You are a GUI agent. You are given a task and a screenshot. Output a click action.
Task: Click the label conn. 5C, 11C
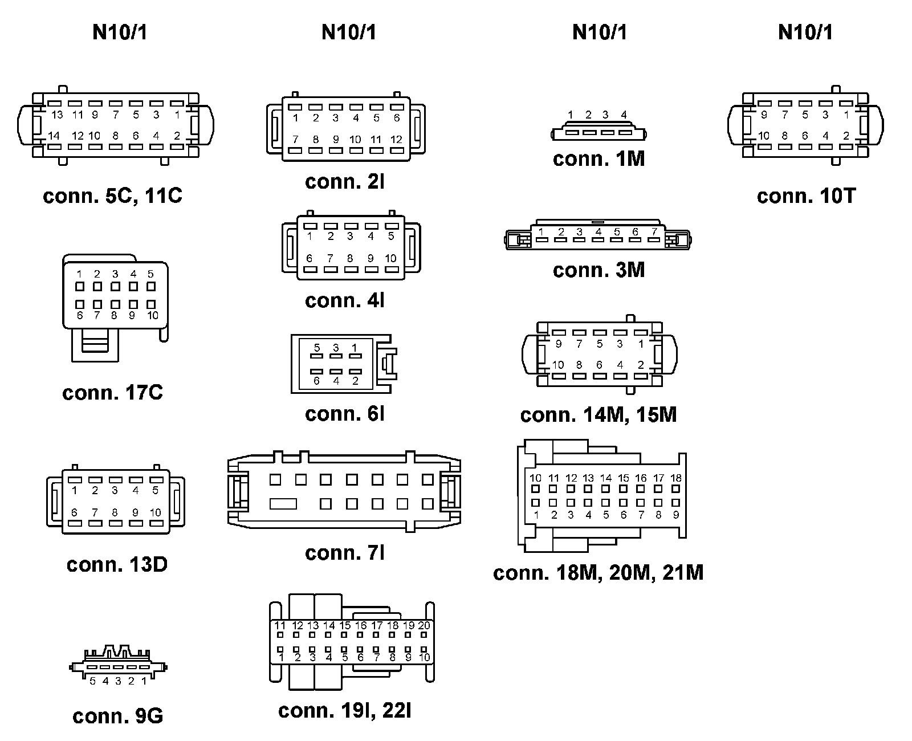(112, 196)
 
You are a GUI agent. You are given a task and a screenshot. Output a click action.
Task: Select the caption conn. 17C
(112, 393)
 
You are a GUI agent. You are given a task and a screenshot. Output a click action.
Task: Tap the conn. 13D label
(117, 564)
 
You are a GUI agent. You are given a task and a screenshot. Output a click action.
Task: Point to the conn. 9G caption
(118, 716)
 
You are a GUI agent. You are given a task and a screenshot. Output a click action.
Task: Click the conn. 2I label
(345, 182)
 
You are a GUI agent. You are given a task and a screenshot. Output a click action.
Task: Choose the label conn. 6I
(345, 414)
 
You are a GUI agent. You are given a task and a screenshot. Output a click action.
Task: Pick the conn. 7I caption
(345, 552)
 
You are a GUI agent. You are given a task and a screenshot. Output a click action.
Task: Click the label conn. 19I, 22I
(345, 710)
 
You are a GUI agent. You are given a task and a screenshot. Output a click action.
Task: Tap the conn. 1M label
(598, 159)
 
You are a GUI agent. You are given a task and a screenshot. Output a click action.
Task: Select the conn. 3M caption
(598, 270)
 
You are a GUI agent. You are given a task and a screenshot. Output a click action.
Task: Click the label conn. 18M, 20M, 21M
(598, 572)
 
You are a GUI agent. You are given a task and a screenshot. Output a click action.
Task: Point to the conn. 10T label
(806, 196)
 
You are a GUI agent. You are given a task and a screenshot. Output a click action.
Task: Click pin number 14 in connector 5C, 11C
(54, 136)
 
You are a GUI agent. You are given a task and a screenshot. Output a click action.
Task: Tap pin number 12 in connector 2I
(396, 139)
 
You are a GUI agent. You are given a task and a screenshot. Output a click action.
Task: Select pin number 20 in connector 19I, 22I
(424, 625)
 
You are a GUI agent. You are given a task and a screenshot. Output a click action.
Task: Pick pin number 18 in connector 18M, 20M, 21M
(676, 478)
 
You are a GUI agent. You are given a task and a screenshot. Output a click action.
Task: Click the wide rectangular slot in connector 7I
(283, 504)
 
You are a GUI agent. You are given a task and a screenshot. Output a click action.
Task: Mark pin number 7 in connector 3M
(654, 231)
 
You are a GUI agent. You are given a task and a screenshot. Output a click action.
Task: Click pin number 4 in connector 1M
(624, 115)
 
